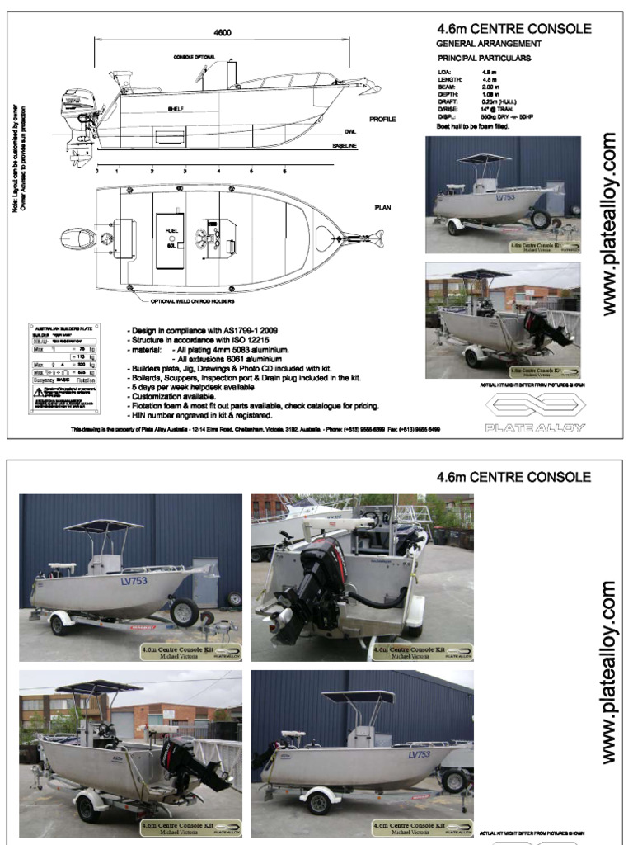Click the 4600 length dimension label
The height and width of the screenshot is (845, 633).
tap(221, 32)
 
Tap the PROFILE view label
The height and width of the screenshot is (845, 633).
tap(382, 120)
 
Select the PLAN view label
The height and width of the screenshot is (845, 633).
tap(382, 208)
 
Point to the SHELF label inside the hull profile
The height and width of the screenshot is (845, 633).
tap(176, 108)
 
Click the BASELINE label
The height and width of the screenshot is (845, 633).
tap(345, 146)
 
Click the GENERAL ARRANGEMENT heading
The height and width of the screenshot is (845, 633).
tap(488, 44)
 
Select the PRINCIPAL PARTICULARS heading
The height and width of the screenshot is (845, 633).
tap(483, 59)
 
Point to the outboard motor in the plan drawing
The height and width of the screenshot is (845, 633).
tap(79, 239)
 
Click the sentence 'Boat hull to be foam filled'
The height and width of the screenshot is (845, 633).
tap(473, 126)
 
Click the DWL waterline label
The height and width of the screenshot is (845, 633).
tap(349, 132)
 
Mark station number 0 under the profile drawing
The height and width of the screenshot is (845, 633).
tap(96, 172)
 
